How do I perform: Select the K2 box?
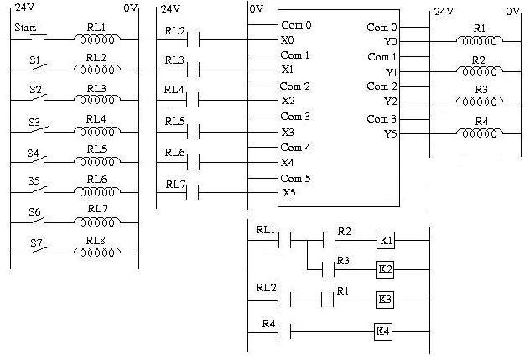(385, 269)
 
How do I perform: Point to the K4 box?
(383, 331)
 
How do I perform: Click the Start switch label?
(24, 29)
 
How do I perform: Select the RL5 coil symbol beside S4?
(96, 161)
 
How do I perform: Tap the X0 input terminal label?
(288, 39)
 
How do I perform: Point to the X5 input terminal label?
(288, 192)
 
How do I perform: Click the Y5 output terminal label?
(391, 133)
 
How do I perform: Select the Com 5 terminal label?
(295, 178)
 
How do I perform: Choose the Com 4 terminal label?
(295, 148)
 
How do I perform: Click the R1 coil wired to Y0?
(479, 39)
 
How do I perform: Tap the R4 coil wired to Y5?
(479, 131)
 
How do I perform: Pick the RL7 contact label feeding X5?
(175, 184)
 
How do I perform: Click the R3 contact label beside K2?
(342, 260)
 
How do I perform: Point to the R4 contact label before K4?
(268, 322)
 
